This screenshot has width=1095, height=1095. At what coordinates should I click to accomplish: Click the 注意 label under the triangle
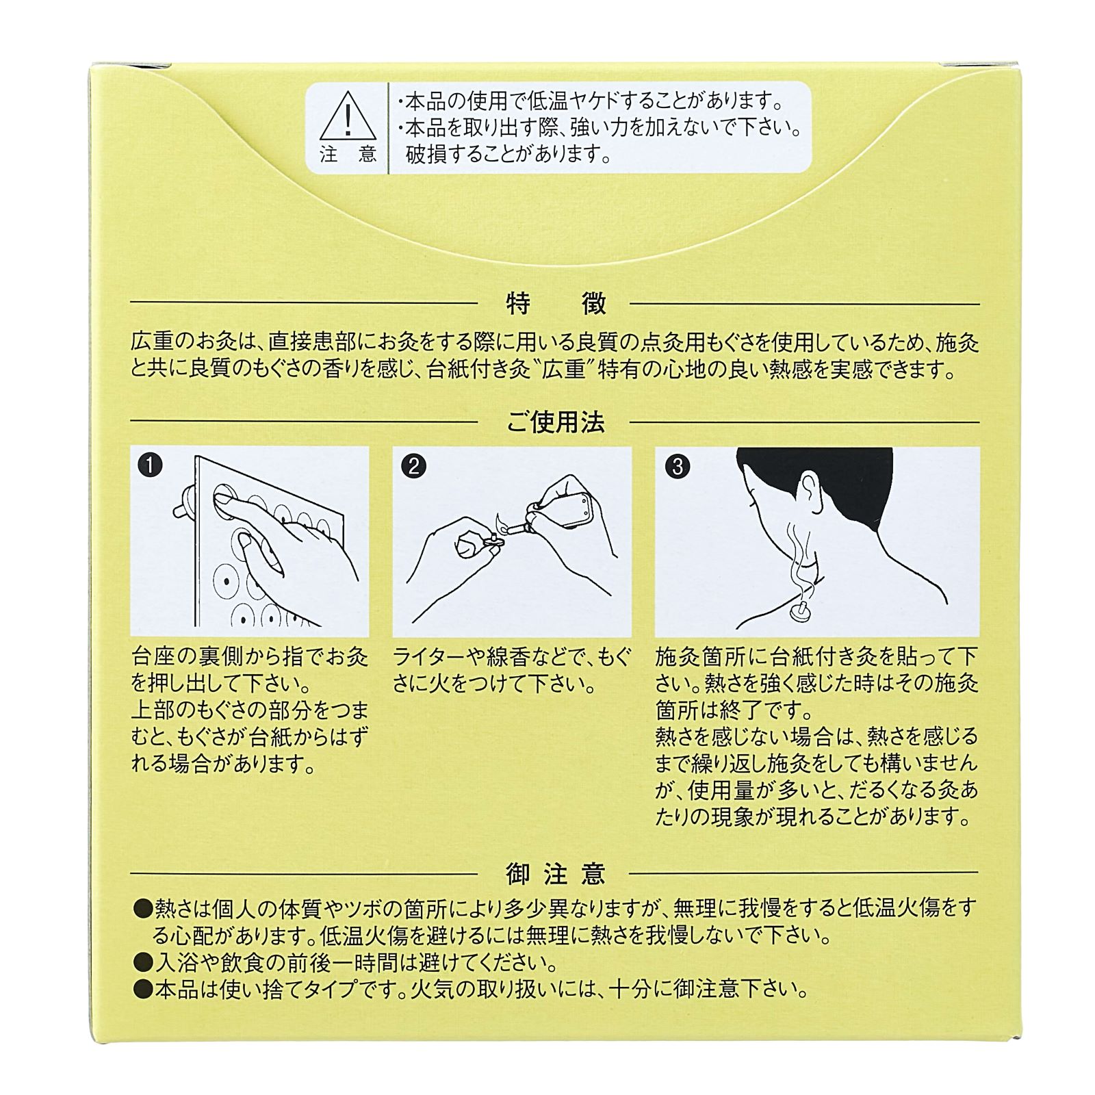click(348, 155)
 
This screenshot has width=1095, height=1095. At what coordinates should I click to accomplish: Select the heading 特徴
click(556, 304)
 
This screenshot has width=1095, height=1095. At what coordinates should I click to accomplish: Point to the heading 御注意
click(556, 874)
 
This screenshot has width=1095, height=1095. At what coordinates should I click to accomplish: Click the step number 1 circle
click(150, 467)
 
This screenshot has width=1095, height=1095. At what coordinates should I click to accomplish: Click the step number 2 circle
click(413, 467)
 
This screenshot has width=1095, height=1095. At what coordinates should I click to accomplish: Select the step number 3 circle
click(678, 467)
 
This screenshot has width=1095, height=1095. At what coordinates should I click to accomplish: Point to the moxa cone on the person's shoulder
click(799, 608)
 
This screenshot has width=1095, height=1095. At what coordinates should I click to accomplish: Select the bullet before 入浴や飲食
click(143, 963)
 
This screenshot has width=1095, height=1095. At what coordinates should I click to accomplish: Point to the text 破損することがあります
click(508, 155)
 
